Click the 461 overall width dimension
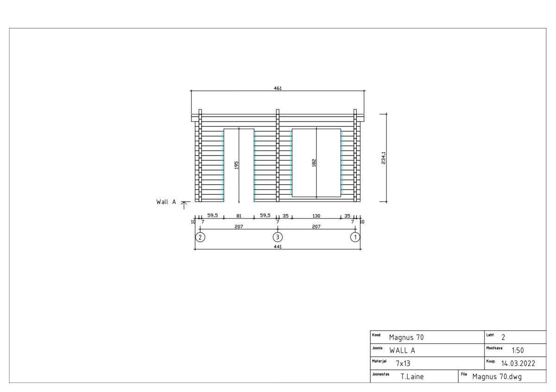(278, 88)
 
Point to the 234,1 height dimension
(384, 158)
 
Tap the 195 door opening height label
(236, 165)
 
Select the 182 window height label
(314, 163)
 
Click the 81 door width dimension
(239, 216)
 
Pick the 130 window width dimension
(316, 216)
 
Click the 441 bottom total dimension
(278, 247)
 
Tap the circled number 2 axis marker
(200, 237)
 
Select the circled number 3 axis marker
(278, 237)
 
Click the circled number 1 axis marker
(355, 237)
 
